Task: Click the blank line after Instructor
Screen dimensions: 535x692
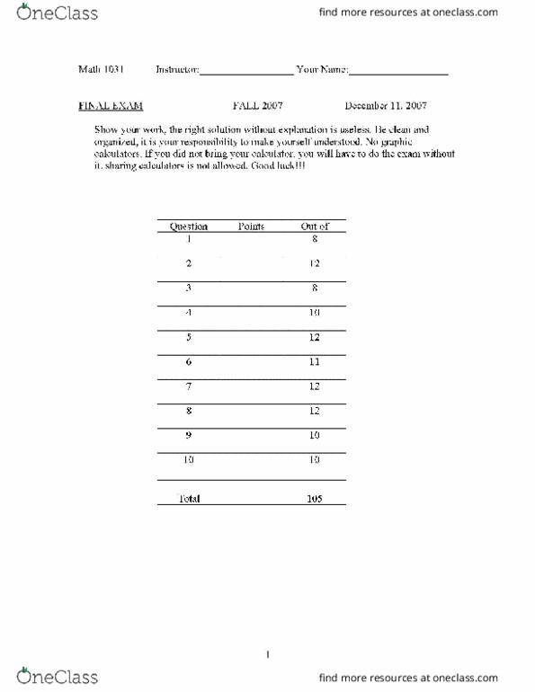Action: (x=246, y=72)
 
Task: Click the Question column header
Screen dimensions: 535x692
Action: (x=189, y=226)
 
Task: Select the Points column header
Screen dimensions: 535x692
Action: (x=251, y=226)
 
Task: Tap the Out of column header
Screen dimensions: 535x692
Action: (x=314, y=226)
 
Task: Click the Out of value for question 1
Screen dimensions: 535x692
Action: (x=314, y=239)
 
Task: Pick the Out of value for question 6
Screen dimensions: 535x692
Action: (x=314, y=361)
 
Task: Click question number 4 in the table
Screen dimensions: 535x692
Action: (x=189, y=312)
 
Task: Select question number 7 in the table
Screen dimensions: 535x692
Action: (x=189, y=386)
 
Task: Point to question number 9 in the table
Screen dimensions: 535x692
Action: (x=189, y=435)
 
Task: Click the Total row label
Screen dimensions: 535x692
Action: (x=189, y=498)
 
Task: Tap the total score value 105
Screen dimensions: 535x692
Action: (x=314, y=498)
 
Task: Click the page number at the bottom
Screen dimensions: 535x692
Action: (x=268, y=655)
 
